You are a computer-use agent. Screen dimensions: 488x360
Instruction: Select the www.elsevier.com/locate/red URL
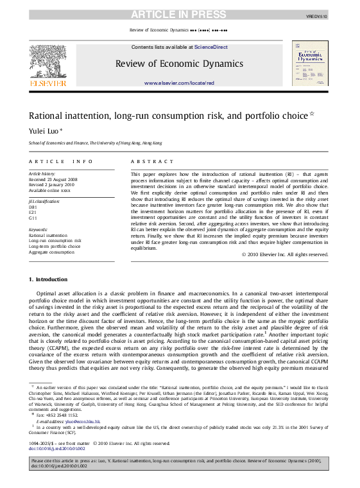(x=179, y=83)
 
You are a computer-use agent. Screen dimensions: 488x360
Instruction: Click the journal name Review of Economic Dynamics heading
(x=179, y=63)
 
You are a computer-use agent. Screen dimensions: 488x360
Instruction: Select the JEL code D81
(x=33, y=207)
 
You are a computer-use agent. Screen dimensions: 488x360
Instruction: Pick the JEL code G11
(x=33, y=218)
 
